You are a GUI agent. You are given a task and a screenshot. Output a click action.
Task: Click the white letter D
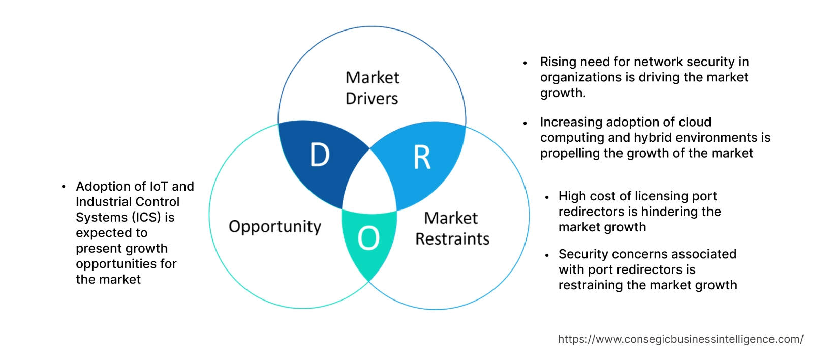(320, 155)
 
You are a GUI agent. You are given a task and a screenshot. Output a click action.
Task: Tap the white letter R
(422, 158)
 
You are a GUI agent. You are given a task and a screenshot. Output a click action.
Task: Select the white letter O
(368, 238)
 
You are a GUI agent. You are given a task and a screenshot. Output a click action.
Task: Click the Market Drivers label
(372, 88)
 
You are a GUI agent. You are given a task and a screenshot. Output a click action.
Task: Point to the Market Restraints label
(452, 228)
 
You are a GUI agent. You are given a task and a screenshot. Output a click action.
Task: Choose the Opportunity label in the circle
(275, 226)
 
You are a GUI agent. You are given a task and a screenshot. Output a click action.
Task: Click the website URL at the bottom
(680, 339)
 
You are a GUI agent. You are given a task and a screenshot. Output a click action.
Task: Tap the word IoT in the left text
(159, 187)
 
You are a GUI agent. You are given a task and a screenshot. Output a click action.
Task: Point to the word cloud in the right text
(695, 123)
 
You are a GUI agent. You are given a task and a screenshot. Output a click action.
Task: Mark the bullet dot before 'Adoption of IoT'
(64, 187)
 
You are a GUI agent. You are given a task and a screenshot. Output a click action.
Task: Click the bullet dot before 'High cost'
(547, 197)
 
